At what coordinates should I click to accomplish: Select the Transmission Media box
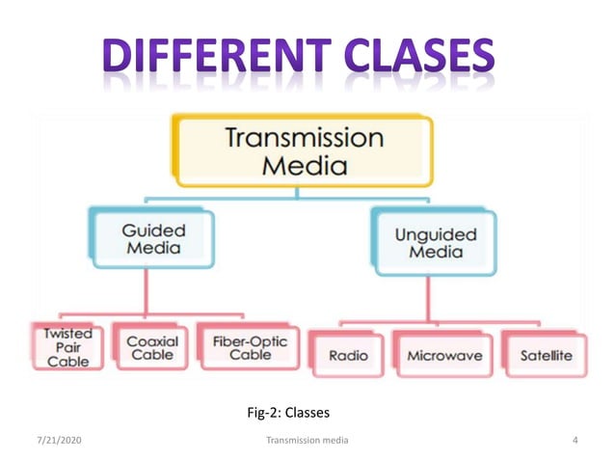[303, 150]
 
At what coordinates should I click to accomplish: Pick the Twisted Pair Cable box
[67, 346]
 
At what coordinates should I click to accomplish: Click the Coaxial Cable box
[152, 346]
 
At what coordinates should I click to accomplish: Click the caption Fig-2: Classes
[289, 413]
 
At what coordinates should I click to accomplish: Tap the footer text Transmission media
[307, 440]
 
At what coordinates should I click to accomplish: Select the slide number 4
[575, 440]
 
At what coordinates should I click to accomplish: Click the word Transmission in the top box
[303, 136]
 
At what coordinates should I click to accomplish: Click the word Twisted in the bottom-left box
[67, 332]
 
